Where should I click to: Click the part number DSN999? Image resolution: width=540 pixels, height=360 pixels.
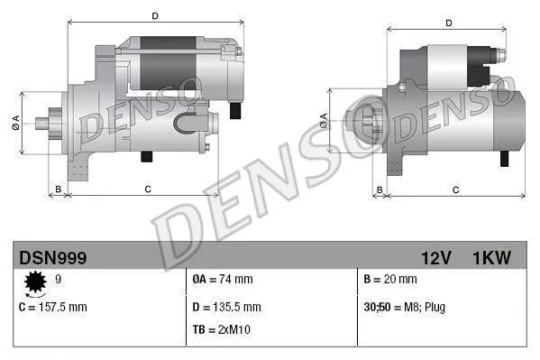[x=53, y=258]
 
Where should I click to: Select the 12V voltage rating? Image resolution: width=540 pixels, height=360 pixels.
[x=435, y=258]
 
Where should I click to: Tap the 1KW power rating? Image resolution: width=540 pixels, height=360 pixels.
[x=491, y=258]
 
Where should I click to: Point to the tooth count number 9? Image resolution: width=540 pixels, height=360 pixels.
[x=59, y=281]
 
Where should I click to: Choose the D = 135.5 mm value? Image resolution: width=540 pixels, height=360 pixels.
[x=226, y=307]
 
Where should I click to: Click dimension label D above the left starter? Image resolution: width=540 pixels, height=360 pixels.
[x=155, y=16]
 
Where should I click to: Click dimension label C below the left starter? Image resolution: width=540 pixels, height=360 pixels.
[x=147, y=189]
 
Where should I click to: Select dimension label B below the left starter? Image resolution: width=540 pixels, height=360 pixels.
[x=59, y=189]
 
